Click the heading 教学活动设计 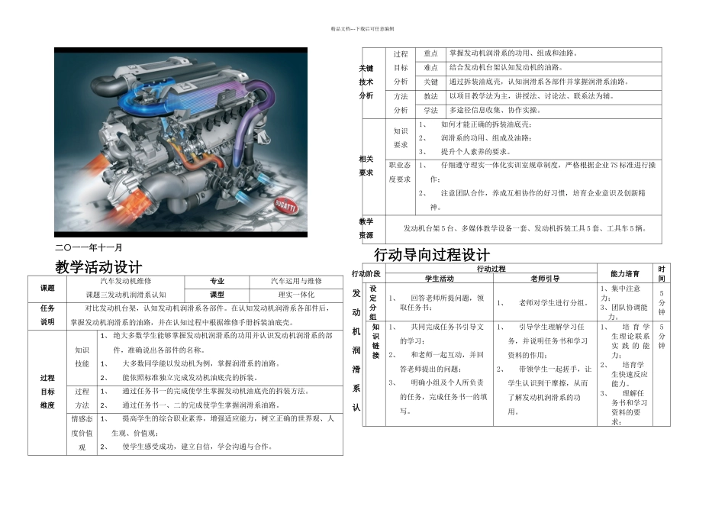click(99, 267)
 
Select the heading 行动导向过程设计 click(432, 254)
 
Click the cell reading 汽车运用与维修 click(297, 281)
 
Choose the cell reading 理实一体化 click(296, 294)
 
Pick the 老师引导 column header click(545, 278)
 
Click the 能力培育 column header click(626, 273)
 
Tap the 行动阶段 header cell click(366, 273)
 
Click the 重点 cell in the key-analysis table click(430, 53)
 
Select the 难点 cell click(430, 67)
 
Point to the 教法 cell click(430, 96)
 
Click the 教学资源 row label click(366, 227)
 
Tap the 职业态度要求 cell click(400, 172)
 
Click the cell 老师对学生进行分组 click(545, 303)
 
